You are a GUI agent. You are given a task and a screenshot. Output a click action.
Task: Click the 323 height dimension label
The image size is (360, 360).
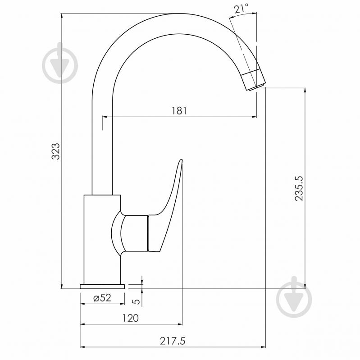(55, 151)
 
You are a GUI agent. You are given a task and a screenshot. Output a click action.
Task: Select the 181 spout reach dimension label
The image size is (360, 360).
(179, 111)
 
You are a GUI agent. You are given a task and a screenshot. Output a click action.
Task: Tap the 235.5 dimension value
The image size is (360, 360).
(299, 189)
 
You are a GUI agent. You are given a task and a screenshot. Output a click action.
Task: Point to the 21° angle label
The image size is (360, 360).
(242, 9)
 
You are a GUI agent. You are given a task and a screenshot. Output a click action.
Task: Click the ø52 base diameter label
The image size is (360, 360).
(102, 298)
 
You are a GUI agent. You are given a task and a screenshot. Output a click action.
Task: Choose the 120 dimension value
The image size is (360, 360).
(130, 318)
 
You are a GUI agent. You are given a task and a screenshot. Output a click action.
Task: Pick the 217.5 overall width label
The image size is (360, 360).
(173, 341)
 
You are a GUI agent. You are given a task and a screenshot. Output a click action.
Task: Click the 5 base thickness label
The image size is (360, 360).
(137, 301)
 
